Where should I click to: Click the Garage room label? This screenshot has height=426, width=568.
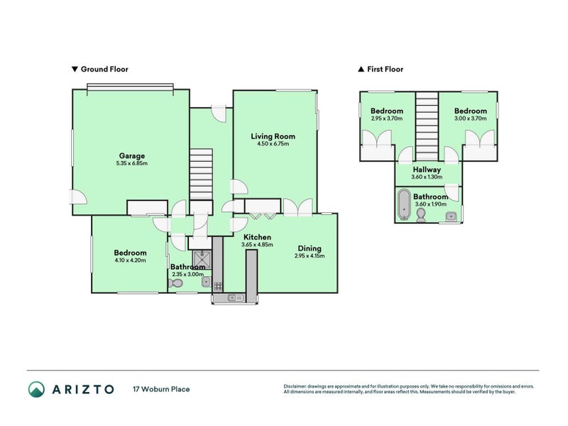pyautogui.click(x=132, y=155)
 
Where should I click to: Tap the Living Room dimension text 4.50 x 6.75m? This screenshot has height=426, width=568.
pyautogui.click(x=273, y=144)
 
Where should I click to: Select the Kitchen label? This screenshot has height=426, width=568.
pyautogui.click(x=257, y=237)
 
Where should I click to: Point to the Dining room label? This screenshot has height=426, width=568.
pyautogui.click(x=310, y=248)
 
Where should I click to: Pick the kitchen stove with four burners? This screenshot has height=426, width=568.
pyautogui.click(x=219, y=285)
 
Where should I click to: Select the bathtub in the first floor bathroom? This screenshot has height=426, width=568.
pyautogui.click(x=404, y=204)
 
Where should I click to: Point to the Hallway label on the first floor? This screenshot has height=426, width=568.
pyautogui.click(x=427, y=170)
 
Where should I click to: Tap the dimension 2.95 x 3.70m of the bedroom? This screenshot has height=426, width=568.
pyautogui.click(x=387, y=119)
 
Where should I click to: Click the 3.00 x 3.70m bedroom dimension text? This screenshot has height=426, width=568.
pyautogui.click(x=471, y=119)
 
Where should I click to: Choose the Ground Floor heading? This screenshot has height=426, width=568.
pyautogui.click(x=100, y=70)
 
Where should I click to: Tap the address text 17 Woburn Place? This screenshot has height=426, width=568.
pyautogui.click(x=161, y=389)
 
